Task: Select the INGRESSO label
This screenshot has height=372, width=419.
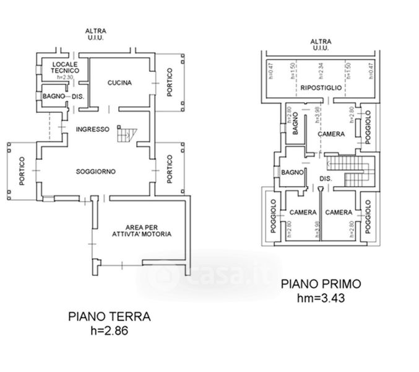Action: click(92, 130)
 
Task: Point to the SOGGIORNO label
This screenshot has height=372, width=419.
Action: click(97, 171)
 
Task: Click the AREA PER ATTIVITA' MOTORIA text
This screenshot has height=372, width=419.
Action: click(142, 231)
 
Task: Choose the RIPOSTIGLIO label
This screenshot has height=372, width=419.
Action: click(321, 88)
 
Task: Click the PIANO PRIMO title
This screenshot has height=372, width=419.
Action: click(321, 285)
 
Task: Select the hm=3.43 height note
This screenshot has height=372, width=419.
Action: click(321, 298)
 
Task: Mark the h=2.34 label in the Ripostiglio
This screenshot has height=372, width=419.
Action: click(320, 71)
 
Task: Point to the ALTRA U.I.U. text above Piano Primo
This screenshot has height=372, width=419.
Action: click(320, 45)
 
